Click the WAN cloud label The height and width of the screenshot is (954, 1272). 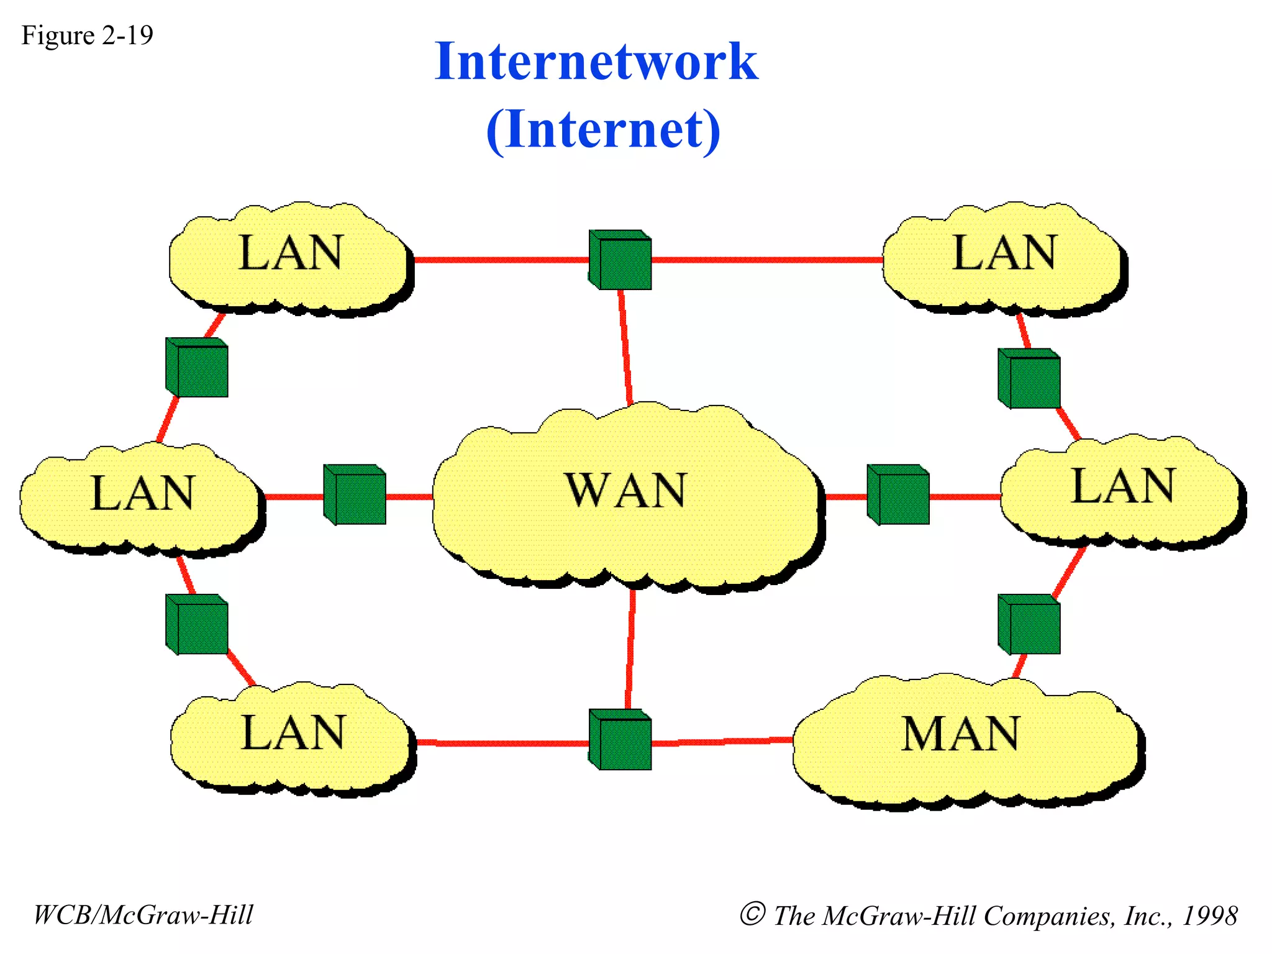click(625, 491)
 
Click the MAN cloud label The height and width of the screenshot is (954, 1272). click(960, 734)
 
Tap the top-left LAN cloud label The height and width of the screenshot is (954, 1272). click(290, 253)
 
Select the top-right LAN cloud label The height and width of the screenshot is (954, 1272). click(1004, 253)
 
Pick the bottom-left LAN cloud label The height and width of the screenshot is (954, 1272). click(293, 733)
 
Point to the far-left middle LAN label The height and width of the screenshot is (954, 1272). click(142, 494)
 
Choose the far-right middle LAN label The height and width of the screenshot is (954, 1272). click(1123, 486)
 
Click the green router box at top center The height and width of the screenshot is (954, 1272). click(620, 260)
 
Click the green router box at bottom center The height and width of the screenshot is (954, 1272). click(620, 740)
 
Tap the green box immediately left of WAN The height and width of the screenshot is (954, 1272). click(355, 495)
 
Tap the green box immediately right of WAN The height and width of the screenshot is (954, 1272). click(899, 495)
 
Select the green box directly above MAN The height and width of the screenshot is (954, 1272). click(1029, 625)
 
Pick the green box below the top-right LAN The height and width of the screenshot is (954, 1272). click(1029, 379)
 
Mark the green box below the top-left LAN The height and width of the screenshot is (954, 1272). click(198, 368)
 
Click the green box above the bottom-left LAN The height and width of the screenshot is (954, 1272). click(198, 625)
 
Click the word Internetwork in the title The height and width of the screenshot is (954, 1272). click(596, 61)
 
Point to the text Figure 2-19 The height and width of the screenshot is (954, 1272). click(87, 35)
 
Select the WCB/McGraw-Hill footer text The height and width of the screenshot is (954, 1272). click(143, 915)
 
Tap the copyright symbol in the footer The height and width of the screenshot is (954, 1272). click(752, 914)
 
